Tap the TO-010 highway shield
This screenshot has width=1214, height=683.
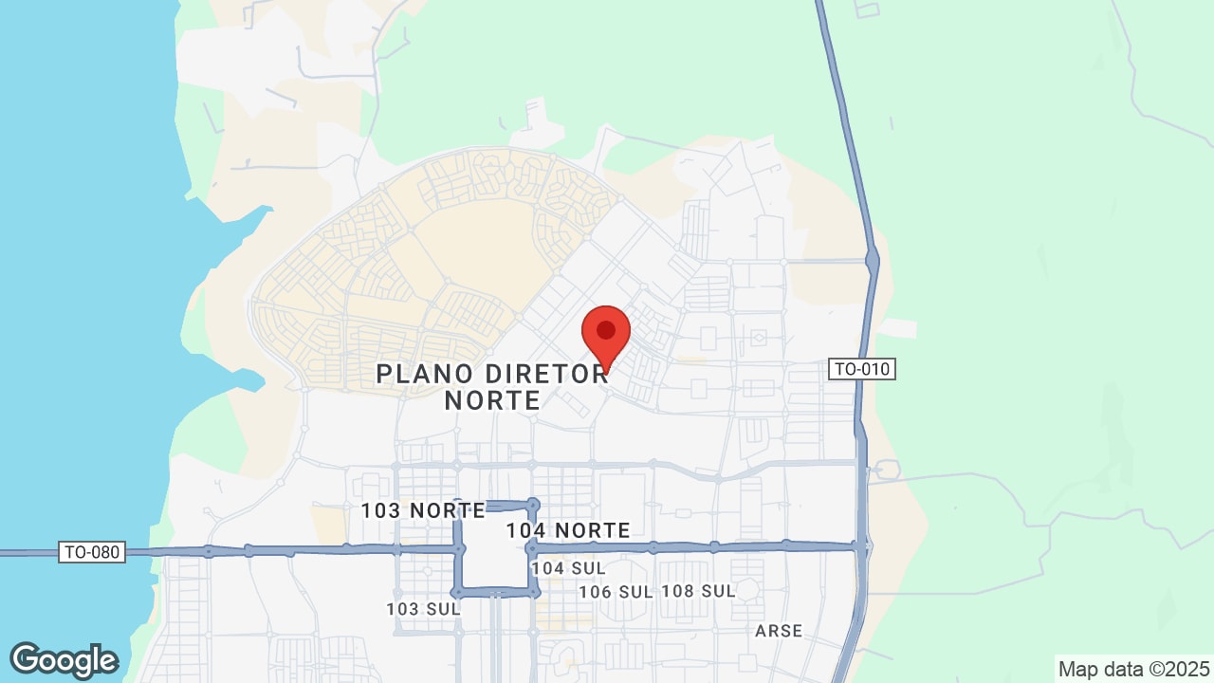point(862,369)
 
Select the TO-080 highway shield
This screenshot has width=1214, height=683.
point(92,551)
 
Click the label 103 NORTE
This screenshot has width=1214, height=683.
point(423,510)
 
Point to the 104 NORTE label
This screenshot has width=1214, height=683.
point(568,530)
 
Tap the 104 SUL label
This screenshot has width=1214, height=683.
point(568,567)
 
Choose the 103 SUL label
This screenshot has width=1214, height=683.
point(423,608)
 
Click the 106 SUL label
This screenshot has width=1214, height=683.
point(616,591)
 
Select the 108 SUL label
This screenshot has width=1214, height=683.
point(698,591)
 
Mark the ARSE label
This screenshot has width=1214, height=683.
point(779,631)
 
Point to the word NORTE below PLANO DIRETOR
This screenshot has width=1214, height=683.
point(492,400)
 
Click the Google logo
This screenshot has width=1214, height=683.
point(64,660)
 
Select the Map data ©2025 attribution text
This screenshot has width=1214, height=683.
point(1134,669)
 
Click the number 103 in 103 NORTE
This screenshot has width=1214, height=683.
point(378,510)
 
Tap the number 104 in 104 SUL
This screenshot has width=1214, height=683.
point(547,567)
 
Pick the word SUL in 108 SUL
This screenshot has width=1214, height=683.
point(718,591)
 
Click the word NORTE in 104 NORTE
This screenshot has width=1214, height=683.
point(593,530)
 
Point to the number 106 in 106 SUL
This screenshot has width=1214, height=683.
point(595,591)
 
